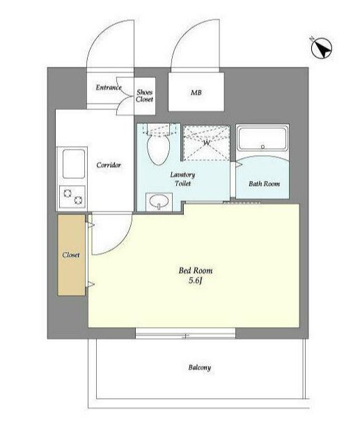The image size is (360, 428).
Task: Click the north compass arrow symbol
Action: click(x=322, y=48)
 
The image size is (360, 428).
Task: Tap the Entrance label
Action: click(x=109, y=88)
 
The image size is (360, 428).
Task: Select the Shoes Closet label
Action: click(x=145, y=96)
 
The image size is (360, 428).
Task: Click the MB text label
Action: click(x=196, y=93)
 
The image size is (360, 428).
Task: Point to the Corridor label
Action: click(x=109, y=165)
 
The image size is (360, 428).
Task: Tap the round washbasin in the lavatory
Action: click(x=159, y=202)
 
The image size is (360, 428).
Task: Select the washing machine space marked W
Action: click(x=206, y=143)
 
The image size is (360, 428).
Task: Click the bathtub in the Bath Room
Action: click(x=263, y=139)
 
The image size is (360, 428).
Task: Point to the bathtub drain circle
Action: click(x=263, y=147)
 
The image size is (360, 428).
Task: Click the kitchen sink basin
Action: click(x=74, y=164)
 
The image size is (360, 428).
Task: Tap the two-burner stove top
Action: click(x=72, y=196)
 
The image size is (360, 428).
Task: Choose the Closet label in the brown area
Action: click(x=71, y=255)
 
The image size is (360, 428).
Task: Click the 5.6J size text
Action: click(x=195, y=280)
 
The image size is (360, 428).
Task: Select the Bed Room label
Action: click(x=196, y=271)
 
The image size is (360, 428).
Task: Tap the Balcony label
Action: click(x=200, y=367)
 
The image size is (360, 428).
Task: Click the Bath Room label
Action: click(x=264, y=184)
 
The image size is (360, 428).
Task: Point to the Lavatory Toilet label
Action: click(x=182, y=179)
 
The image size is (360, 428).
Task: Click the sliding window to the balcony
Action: click(x=185, y=333)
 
